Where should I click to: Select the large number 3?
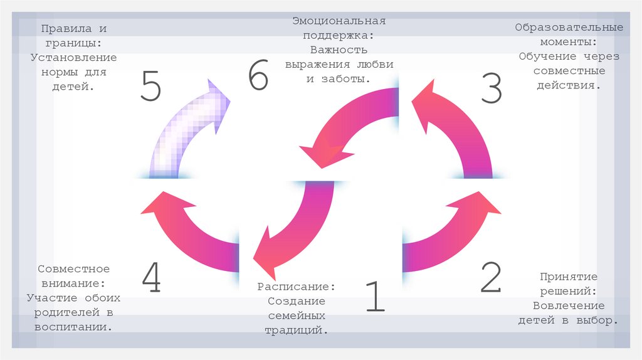492,88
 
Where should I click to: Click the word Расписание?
296,286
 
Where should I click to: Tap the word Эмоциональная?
338,21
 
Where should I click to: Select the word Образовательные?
569,28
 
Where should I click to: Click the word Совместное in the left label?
73,269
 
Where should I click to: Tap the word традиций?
296,329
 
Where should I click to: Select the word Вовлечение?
569,306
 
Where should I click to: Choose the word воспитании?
73,327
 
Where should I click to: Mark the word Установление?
73,58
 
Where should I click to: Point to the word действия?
569,85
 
